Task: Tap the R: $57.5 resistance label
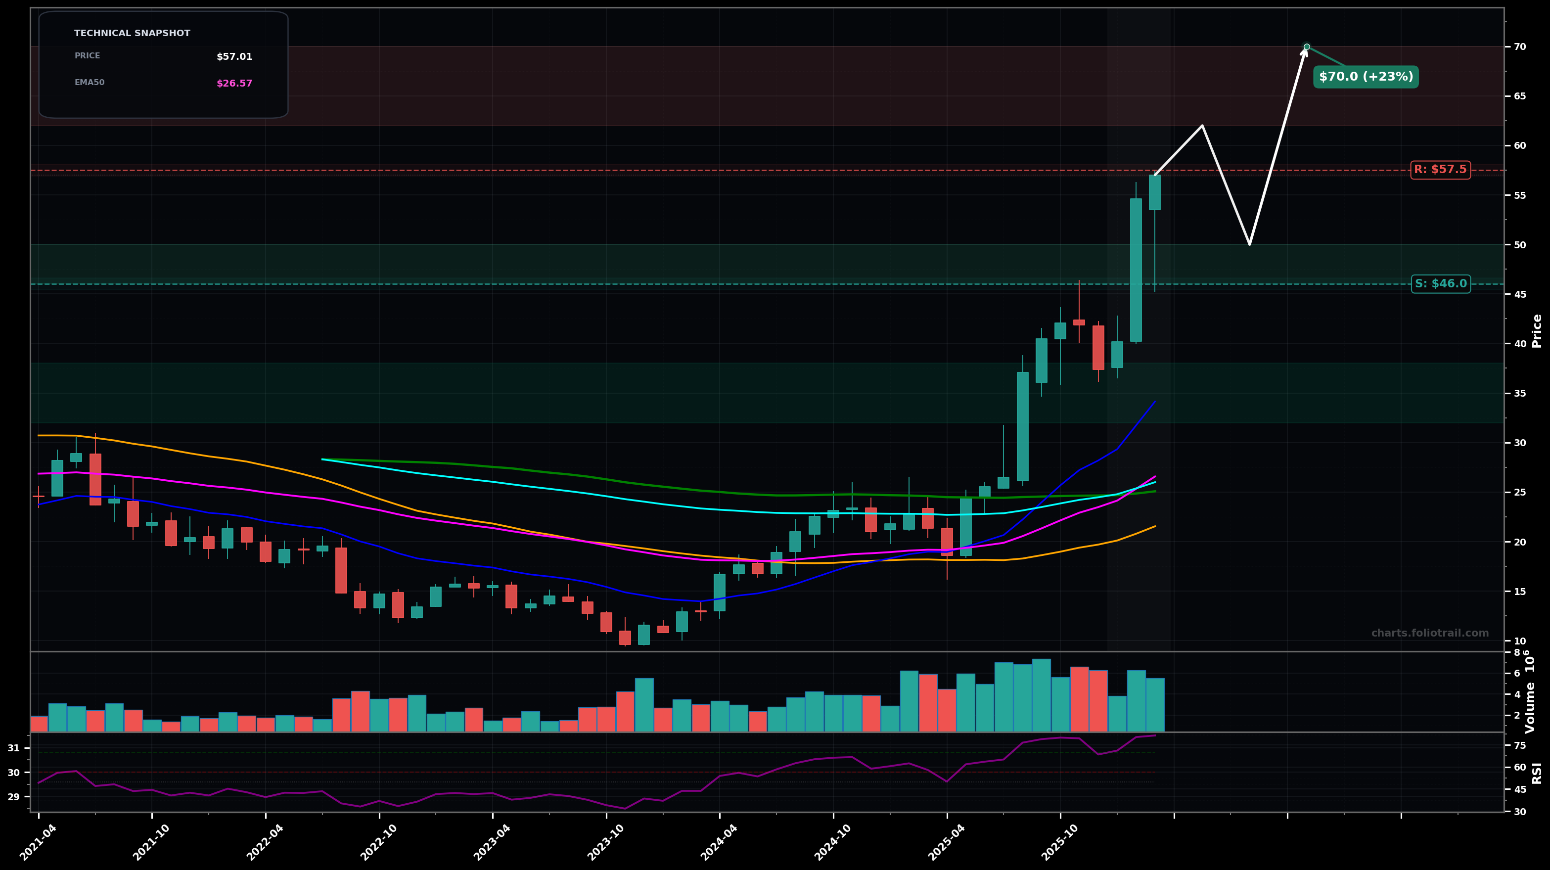pos(1440,170)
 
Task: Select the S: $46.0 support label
pos(1441,284)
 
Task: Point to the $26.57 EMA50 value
pos(234,84)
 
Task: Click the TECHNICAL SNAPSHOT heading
pos(132,34)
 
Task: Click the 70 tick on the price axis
pos(1519,47)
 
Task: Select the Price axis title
pos(1537,331)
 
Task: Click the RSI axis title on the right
pos(1537,773)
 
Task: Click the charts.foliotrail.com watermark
pos(1430,634)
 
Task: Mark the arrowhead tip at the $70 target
pos(1305,49)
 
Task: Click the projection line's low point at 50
pos(1249,244)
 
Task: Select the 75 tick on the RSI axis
pos(1519,745)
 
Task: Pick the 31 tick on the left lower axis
pos(13,748)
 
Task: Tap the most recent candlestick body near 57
pos(1155,192)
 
